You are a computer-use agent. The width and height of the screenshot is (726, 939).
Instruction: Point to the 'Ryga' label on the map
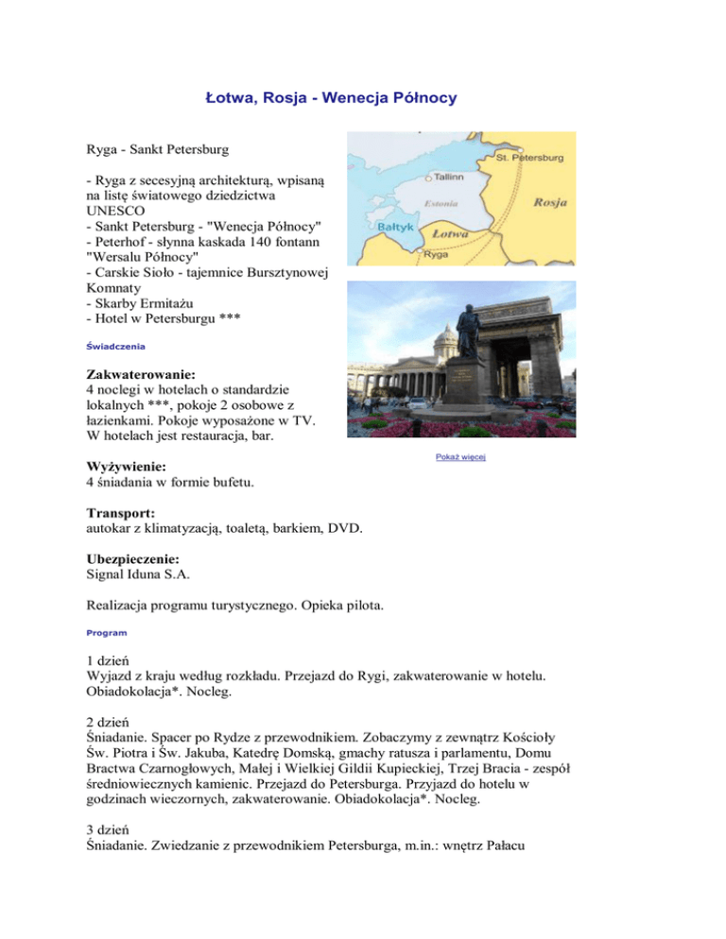(x=436, y=255)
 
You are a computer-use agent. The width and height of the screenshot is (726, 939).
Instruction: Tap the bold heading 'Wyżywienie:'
(x=126, y=467)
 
